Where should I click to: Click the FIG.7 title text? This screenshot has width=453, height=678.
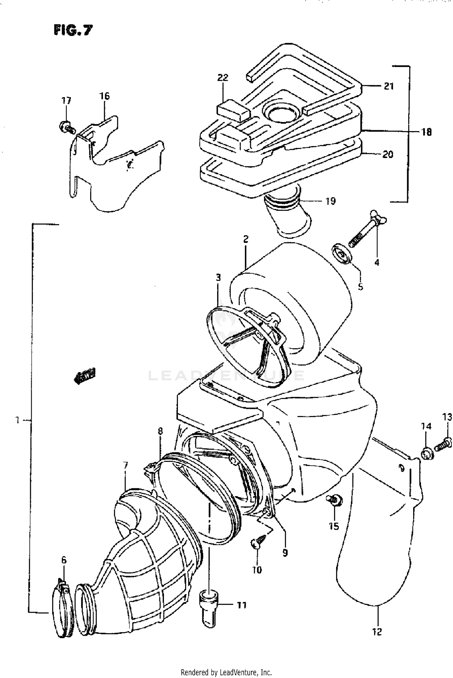coord(73,30)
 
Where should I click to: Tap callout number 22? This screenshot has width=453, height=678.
coord(223,78)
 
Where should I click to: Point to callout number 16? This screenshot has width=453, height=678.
coord(104,96)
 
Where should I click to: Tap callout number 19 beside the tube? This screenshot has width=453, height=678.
coord(331,201)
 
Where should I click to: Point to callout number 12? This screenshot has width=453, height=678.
coord(377,631)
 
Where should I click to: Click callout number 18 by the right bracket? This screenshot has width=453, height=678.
coord(426,132)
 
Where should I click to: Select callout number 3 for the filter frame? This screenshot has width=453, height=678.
coord(218,277)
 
